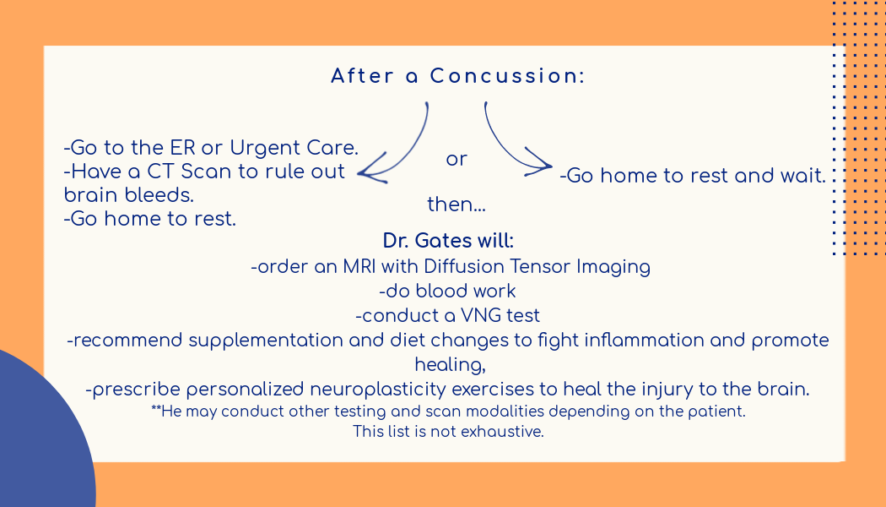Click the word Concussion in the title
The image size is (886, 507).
(507, 76)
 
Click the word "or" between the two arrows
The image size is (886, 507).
(457, 159)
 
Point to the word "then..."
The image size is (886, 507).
(457, 204)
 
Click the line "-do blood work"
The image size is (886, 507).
(448, 292)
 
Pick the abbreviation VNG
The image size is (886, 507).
(479, 316)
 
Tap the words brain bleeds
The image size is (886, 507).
(129, 194)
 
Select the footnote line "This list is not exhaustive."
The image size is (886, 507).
(448, 431)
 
